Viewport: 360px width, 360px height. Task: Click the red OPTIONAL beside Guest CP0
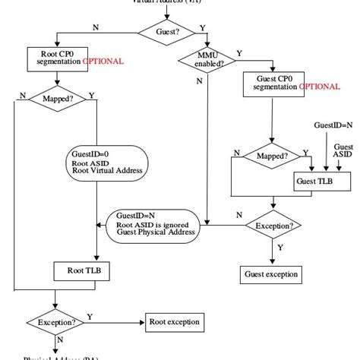320,87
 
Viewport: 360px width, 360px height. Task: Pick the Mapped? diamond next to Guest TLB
272,155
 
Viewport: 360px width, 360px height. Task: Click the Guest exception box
271,273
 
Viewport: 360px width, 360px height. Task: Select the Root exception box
175,322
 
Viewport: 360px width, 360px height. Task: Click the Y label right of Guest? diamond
202,27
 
